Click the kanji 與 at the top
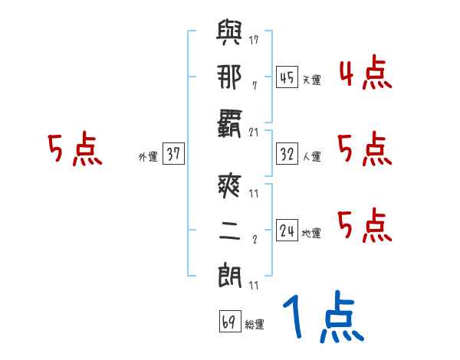tap(229, 35)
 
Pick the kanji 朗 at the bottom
tap(229, 273)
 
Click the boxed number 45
tap(287, 77)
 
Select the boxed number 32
tap(287, 154)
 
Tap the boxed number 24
tap(287, 231)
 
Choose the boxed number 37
tap(173, 154)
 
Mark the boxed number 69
tap(228, 322)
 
